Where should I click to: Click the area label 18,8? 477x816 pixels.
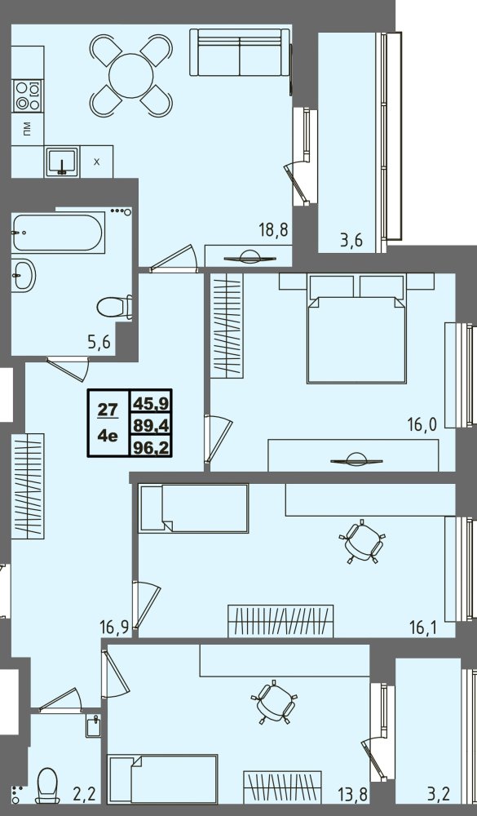(x=274, y=229)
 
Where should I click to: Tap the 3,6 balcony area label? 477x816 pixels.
(x=351, y=241)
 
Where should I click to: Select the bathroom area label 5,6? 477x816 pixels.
(x=99, y=344)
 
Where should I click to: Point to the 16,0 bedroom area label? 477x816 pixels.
(x=422, y=424)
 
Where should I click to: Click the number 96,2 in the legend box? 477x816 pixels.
(x=151, y=447)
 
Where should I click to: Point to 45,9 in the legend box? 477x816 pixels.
(x=151, y=402)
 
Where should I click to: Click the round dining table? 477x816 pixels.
(x=131, y=75)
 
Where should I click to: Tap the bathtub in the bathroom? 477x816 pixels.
(x=58, y=232)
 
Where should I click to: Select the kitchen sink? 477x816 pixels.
(x=62, y=162)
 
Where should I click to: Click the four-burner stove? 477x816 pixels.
(x=28, y=95)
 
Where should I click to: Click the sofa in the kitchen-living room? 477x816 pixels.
(x=240, y=52)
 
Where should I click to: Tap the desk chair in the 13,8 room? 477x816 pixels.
(x=274, y=702)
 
